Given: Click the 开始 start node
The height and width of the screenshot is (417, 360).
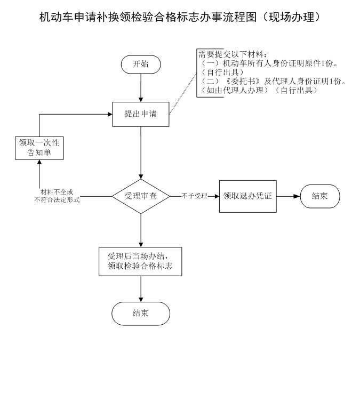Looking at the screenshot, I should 141,65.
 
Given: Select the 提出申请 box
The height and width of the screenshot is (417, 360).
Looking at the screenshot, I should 141,114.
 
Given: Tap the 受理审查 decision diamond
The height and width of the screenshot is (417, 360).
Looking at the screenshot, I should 141,196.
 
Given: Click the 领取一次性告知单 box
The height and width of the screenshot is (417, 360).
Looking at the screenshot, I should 39,147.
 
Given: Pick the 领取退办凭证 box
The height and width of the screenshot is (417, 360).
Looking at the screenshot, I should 248,196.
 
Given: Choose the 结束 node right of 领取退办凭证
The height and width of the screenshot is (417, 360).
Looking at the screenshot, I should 319,196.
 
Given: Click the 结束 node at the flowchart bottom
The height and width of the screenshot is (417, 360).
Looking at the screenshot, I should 141,313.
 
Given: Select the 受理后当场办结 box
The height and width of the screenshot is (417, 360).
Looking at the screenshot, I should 141,261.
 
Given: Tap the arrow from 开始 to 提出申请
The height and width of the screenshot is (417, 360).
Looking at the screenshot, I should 141,87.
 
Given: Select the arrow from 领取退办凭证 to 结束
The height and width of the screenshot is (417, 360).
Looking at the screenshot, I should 288,196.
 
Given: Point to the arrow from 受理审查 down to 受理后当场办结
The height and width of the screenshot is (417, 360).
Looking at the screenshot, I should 141,230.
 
